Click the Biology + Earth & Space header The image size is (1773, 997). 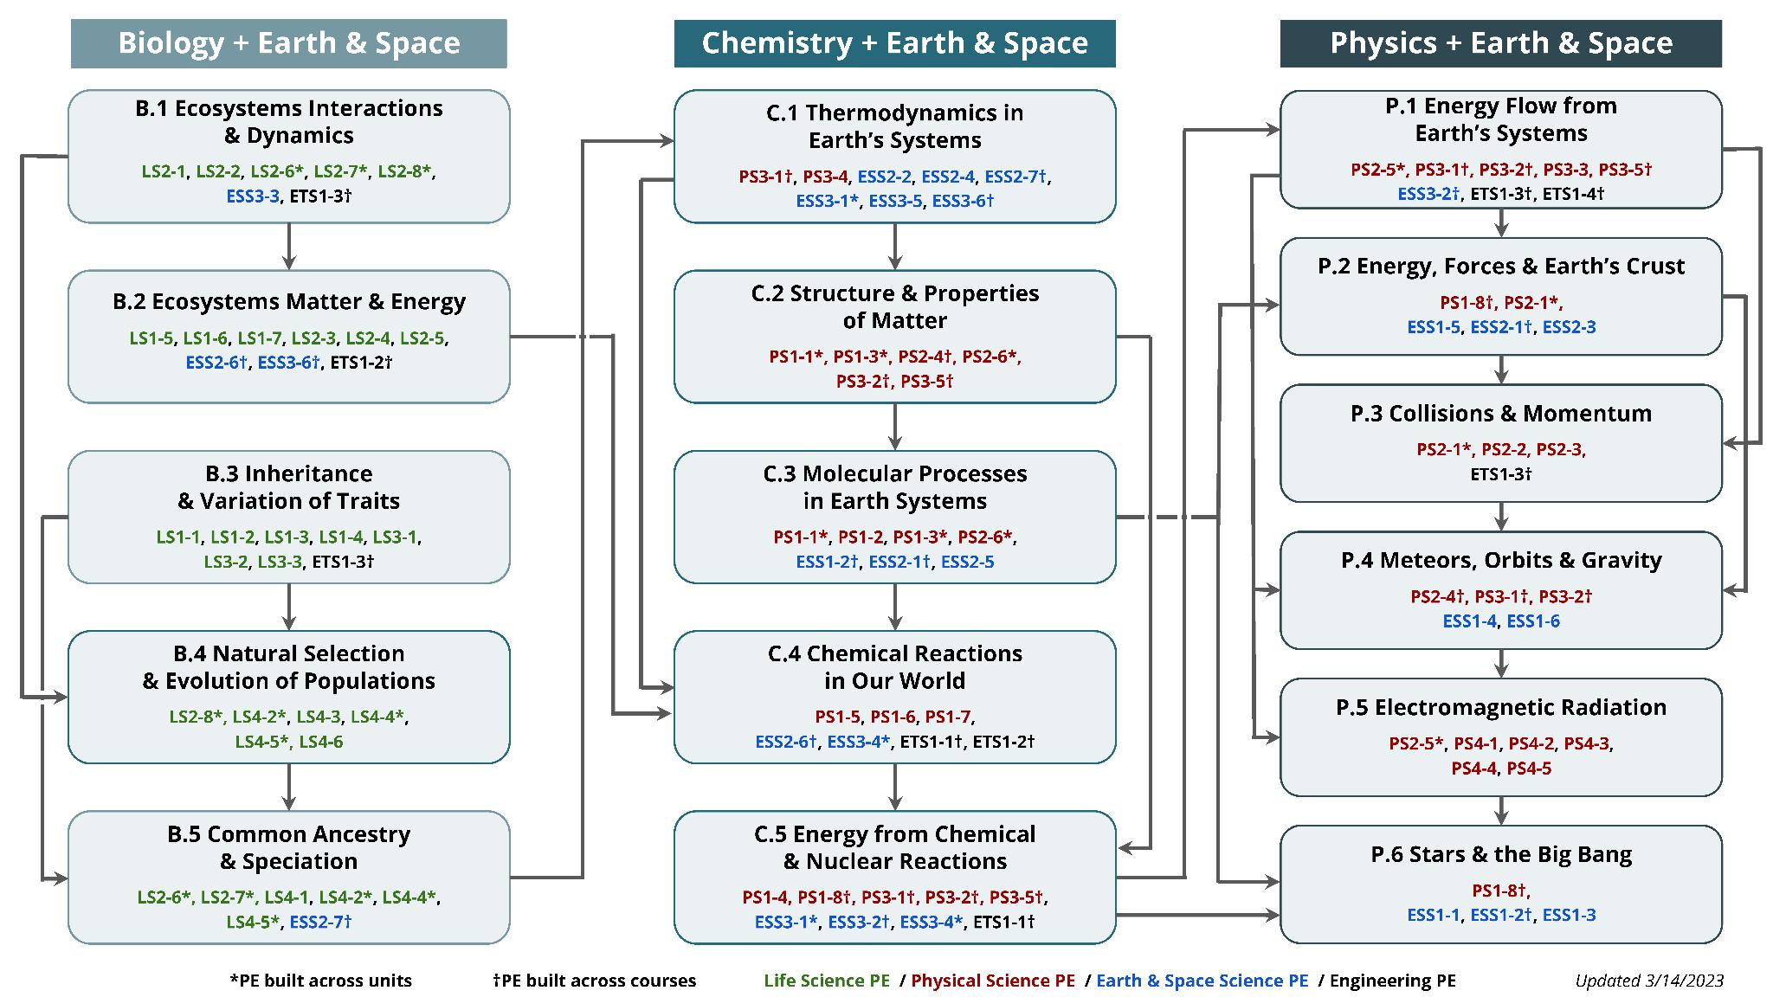[288, 43]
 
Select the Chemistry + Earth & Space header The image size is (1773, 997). [894, 43]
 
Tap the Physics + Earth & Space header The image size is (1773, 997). [1500, 43]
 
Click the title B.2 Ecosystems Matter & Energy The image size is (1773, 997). [288, 301]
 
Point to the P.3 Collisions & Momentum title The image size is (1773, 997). [1500, 414]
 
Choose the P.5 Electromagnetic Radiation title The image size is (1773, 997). [1500, 707]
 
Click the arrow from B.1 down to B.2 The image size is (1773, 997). [289, 247]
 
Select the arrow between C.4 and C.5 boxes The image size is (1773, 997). [895, 787]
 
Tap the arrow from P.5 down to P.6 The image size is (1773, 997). [1501, 811]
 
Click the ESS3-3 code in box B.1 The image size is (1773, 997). [253, 196]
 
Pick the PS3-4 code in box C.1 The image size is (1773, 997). [825, 177]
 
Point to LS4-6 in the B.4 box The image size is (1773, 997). [320, 742]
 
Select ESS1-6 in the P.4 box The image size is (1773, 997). [1533, 621]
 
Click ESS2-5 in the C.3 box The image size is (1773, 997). [967, 562]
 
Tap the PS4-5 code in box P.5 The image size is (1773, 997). [1529, 769]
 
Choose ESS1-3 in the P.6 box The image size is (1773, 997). [1569, 915]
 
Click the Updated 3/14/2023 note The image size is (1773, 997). [1649, 981]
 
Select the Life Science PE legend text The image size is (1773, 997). [826, 981]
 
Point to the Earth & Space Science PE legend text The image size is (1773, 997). [1202, 981]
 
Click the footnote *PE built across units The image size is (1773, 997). [320, 981]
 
